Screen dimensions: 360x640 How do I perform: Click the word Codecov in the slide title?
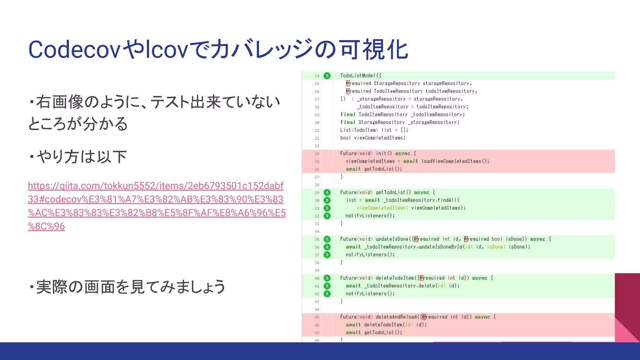pyautogui.click(x=74, y=50)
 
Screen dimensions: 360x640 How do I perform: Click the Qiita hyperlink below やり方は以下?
pyautogui.click(x=156, y=206)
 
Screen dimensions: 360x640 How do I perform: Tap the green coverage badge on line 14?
pyautogui.click(x=327, y=76)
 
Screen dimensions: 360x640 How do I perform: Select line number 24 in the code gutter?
pyautogui.click(x=317, y=154)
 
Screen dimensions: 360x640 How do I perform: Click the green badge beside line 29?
pyautogui.click(x=327, y=192)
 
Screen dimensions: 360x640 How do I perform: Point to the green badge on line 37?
pyautogui.click(x=327, y=255)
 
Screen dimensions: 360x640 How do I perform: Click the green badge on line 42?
pyautogui.click(x=327, y=294)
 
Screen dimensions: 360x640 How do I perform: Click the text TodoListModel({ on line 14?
pyautogui.click(x=361, y=76)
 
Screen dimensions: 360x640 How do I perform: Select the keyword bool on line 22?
pyautogui.click(x=345, y=138)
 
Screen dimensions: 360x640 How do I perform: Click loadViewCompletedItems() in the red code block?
pyautogui.click(x=455, y=161)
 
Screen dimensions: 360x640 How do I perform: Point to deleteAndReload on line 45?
pyautogui.click(x=396, y=317)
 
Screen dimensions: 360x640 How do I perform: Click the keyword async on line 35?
pyautogui.click(x=537, y=239)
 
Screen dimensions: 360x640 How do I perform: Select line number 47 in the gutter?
pyautogui.click(x=317, y=333)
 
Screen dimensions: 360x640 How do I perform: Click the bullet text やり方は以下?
pyautogui.click(x=81, y=157)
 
